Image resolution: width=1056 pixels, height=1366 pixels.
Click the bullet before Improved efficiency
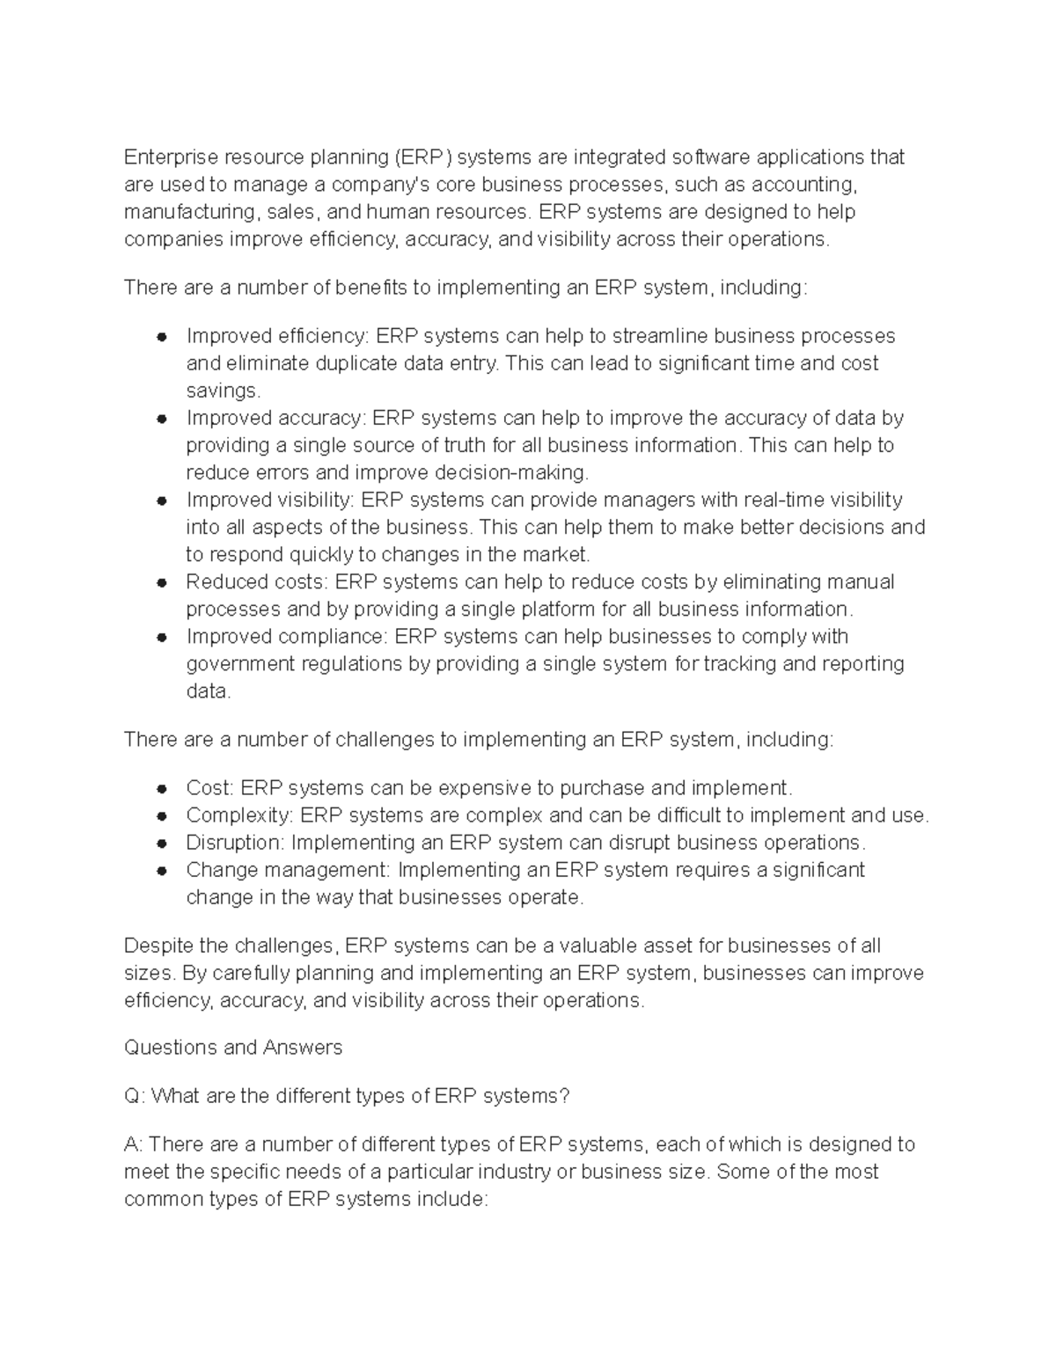tap(161, 337)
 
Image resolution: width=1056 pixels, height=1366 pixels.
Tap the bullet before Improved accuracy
tap(161, 419)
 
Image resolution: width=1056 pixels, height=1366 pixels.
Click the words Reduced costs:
tap(256, 582)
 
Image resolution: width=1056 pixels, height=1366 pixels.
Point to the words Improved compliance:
tap(287, 637)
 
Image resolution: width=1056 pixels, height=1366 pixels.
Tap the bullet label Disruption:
tap(235, 843)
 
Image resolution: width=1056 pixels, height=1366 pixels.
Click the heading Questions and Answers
tap(233, 1048)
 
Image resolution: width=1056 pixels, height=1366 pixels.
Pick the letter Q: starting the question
tap(134, 1096)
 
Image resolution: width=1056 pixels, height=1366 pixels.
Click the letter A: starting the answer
tap(134, 1144)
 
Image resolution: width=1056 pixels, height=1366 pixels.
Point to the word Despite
tap(158, 946)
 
